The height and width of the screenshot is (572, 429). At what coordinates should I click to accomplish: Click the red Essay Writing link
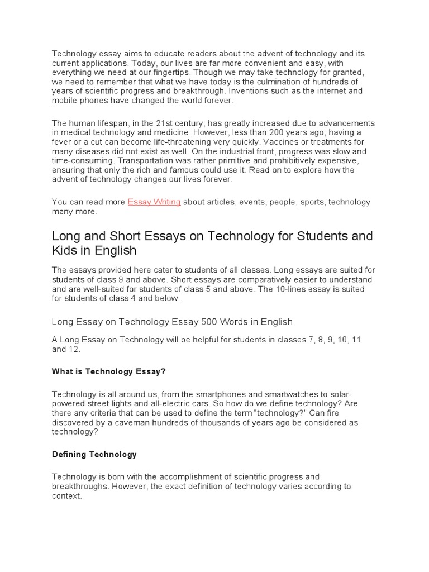tap(154, 202)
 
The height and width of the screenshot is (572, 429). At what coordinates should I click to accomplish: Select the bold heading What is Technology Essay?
tap(109, 371)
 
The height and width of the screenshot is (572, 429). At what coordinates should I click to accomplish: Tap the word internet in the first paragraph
tap(322, 90)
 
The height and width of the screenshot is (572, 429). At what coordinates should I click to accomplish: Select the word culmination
tap(239, 82)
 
